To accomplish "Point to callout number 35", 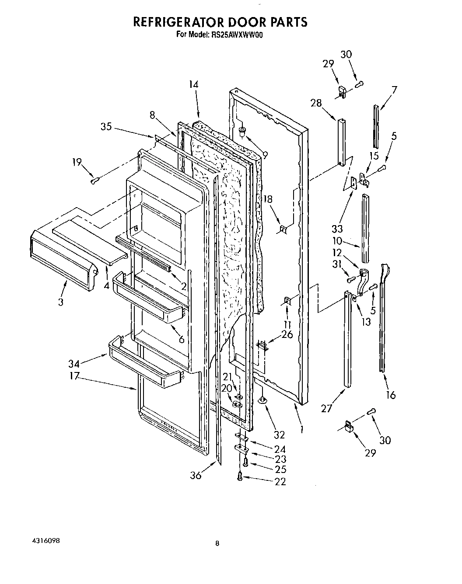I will (106, 127).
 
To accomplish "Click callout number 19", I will (77, 163).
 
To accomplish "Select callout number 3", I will (60, 302).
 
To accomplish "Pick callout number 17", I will (73, 375).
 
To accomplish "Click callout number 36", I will (196, 475).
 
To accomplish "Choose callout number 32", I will (279, 435).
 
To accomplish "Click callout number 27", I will (327, 409).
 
